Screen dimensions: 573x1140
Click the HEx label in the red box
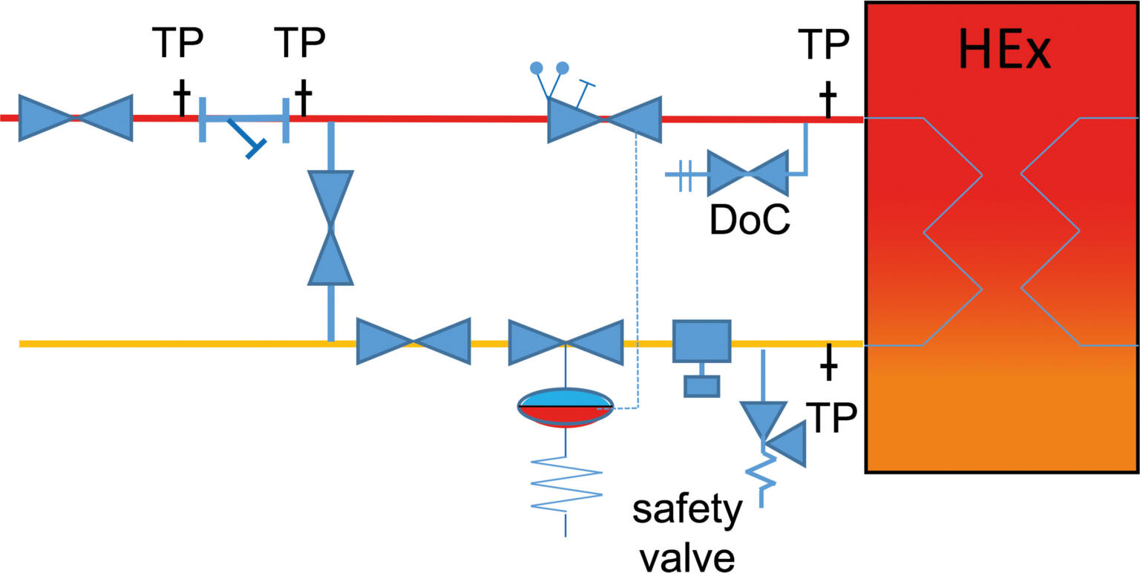point(1004,50)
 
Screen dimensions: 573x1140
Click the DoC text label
point(749,220)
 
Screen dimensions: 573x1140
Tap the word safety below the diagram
point(687,511)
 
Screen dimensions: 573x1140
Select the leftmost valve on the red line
point(75,117)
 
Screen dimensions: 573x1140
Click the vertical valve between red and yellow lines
point(330,228)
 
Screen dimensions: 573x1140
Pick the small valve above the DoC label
point(747,173)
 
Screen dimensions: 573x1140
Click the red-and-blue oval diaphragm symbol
point(566,407)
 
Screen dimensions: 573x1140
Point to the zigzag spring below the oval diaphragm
point(566,482)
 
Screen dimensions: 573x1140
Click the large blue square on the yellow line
point(701,341)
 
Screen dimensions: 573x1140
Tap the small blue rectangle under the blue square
point(701,386)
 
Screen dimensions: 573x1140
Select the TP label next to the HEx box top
point(823,45)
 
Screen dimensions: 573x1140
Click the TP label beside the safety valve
point(830,419)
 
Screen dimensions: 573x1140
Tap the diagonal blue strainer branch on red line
point(246,137)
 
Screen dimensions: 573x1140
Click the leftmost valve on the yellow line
point(413,341)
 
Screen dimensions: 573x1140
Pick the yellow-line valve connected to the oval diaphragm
point(566,341)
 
